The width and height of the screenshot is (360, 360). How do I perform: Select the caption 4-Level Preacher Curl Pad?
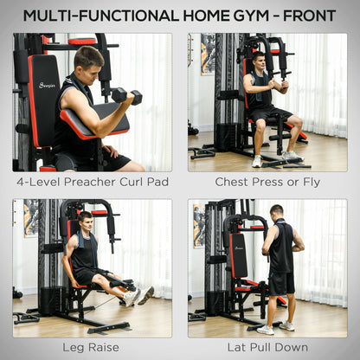tap(92, 183)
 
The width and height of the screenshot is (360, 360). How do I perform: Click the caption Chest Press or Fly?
tap(268, 183)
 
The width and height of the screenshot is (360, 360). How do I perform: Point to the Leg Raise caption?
tap(92, 347)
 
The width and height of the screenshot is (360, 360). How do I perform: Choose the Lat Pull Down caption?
tap(268, 347)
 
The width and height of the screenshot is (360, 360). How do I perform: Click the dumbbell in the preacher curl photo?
tap(125, 94)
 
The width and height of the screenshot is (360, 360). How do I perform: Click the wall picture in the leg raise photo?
tap(30, 217)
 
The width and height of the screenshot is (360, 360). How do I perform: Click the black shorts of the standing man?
tap(280, 282)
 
